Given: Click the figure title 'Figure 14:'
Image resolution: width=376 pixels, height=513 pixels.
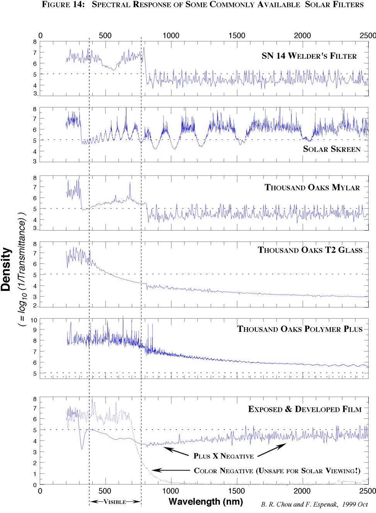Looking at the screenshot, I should (63, 5).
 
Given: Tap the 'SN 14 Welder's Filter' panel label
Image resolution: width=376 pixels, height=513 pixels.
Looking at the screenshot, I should (309, 56).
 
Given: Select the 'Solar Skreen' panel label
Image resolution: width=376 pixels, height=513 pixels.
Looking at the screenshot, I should (332, 149).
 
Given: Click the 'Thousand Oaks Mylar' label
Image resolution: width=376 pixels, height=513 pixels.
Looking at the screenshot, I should (312, 188).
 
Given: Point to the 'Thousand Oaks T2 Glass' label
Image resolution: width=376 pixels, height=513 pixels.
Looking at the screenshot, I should (310, 250).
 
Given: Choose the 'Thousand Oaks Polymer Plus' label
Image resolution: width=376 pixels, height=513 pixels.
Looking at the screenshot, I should (299, 329).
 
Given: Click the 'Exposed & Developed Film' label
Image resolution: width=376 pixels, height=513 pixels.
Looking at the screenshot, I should (305, 409).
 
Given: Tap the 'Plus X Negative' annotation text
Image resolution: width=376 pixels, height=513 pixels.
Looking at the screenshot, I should (223, 456).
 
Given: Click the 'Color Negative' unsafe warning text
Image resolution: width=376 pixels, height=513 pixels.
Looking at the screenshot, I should (277, 471).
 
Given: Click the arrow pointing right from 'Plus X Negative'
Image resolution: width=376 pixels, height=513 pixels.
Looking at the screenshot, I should (272, 450).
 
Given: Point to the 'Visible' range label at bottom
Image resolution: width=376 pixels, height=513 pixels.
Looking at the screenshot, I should (115, 502).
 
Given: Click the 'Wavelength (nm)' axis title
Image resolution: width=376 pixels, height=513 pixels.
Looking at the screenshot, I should (206, 502).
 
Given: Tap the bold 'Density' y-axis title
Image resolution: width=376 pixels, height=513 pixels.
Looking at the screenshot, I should (6, 269).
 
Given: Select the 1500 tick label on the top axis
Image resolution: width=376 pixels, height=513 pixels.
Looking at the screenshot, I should (236, 36).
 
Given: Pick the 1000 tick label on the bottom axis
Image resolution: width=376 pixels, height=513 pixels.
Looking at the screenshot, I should (170, 491).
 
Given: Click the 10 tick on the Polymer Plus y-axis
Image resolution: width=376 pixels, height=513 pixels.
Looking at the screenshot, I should (34, 320).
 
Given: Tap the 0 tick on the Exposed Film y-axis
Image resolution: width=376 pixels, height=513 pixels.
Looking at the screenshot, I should (35, 485).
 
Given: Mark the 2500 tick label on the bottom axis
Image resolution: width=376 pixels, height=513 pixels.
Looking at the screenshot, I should (367, 491).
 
